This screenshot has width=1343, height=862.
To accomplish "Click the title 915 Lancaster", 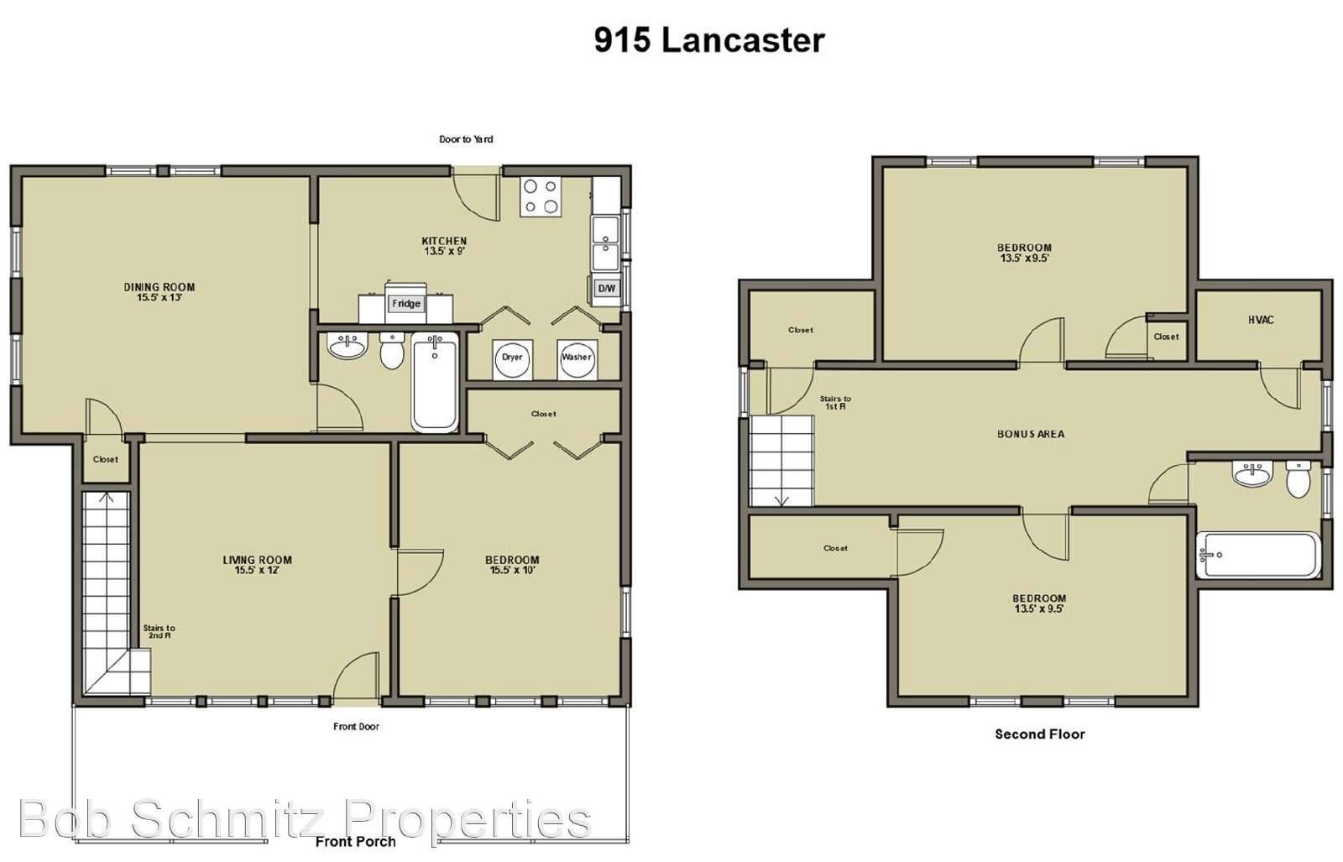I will pos(709,40).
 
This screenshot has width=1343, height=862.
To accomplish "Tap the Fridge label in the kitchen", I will pos(405,304).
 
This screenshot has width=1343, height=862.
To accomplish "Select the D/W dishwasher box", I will pos(605,289).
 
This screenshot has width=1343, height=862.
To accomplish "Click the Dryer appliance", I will pos(512,358).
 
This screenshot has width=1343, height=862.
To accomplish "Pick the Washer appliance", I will pos(577,358).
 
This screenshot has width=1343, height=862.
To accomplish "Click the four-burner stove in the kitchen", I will pos(541,197).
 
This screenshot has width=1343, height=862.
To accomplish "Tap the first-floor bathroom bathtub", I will pos(435,382).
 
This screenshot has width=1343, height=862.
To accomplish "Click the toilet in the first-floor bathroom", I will pos(392,352).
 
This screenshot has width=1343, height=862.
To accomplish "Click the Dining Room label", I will pos(159,291).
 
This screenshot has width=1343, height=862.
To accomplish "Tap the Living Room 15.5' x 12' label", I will pos(257,565).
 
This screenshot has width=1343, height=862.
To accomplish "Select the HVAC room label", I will pos(1261,320).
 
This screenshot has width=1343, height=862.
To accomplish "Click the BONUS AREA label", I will pos(1031,434).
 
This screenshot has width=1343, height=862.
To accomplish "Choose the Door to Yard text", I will pos(466,139).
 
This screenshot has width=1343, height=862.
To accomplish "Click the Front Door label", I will pos(356,726).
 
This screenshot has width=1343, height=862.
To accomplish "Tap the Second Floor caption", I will pos(1040,734).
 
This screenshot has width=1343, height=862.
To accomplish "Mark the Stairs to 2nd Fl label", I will pos(159,631).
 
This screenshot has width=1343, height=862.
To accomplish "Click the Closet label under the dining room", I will pos(106,459).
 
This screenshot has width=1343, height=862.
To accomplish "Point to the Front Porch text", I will pos(355,841).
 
